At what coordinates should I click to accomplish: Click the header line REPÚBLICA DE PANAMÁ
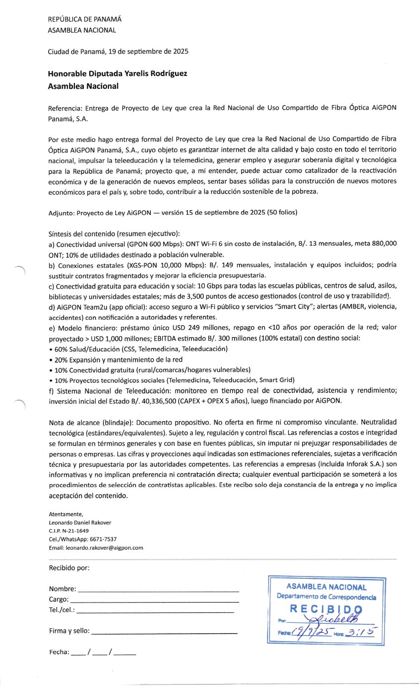click(x=84, y=19)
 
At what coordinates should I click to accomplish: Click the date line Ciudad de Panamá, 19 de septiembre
click(x=118, y=51)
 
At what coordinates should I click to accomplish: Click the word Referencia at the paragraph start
click(x=65, y=108)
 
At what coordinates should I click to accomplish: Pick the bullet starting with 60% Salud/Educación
click(x=140, y=348)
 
